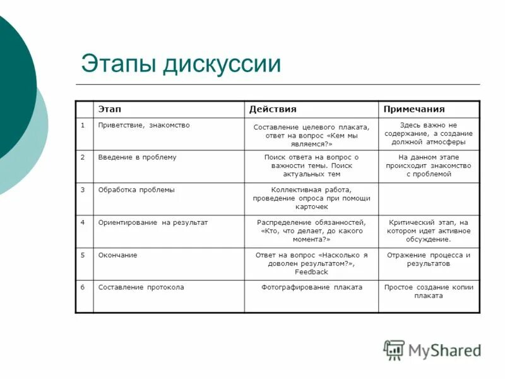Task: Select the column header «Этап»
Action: coord(110,109)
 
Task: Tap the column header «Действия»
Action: coord(273,109)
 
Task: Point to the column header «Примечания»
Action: coord(413,109)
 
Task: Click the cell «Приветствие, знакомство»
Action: coord(144,125)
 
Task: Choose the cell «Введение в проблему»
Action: coord(138,157)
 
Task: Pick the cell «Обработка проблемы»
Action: coord(136,189)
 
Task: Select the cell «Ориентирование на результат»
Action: coord(153,222)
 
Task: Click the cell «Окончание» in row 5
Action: coord(117,255)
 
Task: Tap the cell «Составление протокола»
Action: coord(141,287)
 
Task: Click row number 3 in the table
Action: coord(83,189)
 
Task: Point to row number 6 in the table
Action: coord(83,287)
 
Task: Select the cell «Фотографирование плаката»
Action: coord(312,287)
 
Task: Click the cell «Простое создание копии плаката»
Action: coord(429,291)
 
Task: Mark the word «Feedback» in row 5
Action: coord(312,272)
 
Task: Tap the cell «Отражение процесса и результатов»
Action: coord(429,259)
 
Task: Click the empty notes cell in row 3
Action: coord(429,199)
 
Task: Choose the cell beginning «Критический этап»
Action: coord(429,231)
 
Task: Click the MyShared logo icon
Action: coord(395,350)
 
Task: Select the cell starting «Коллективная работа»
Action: coord(312,198)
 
